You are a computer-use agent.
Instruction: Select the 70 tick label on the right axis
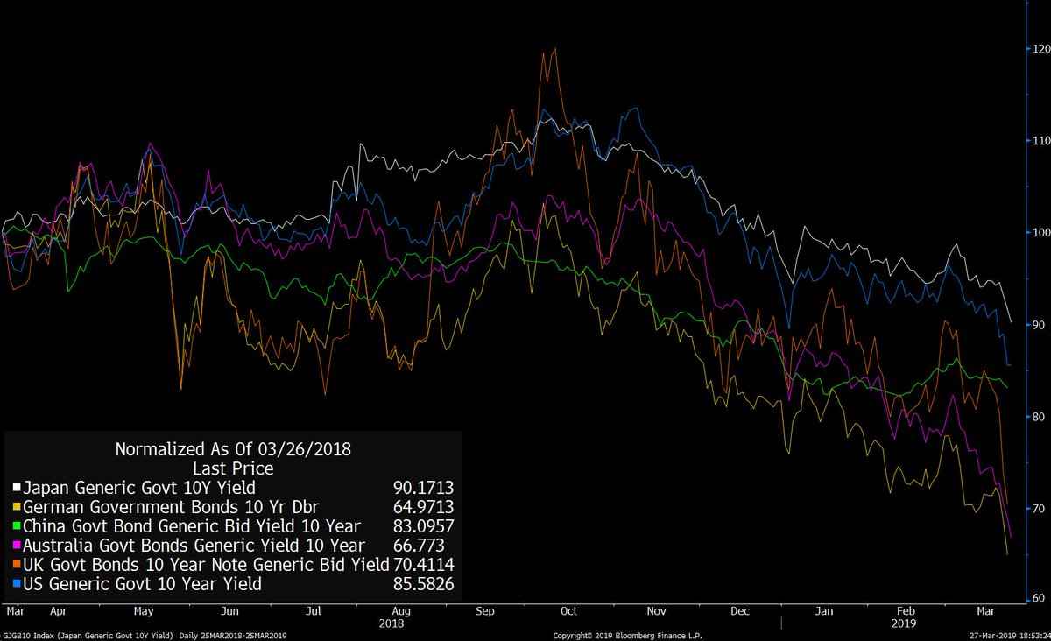[1039, 509]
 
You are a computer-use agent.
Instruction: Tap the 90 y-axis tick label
[1039, 325]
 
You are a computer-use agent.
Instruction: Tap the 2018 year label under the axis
[391, 623]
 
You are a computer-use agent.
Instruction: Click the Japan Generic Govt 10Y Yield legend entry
[139, 488]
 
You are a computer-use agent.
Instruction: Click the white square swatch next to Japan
[16, 488]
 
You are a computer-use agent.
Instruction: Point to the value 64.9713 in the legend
[424, 507]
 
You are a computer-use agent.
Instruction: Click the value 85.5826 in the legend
[424, 584]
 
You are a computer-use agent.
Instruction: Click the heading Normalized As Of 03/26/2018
[233, 450]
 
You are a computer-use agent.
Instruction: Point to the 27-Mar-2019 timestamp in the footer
[998, 635]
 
